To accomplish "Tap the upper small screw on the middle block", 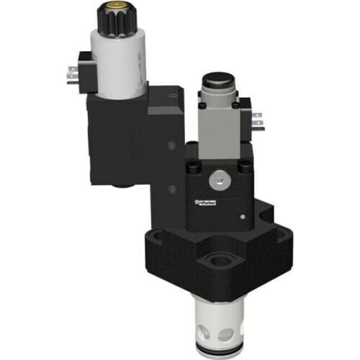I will [x=170, y=145].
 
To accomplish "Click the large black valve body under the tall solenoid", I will [x=119, y=140].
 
